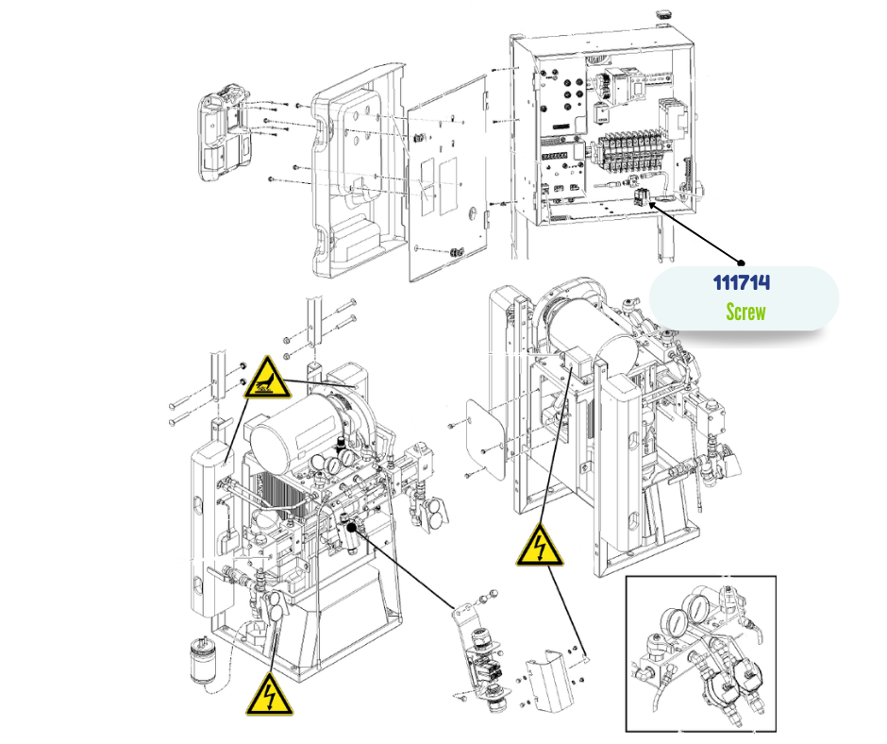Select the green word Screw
tap(745, 312)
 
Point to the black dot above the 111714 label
tap(742, 262)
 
